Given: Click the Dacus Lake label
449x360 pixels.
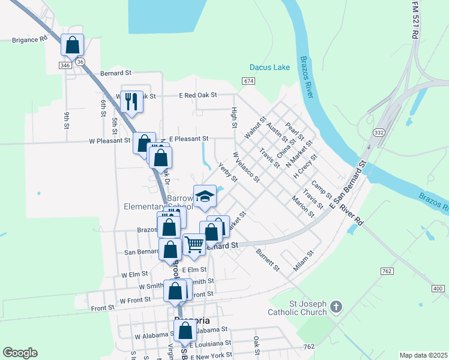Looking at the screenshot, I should pyautogui.click(x=270, y=67).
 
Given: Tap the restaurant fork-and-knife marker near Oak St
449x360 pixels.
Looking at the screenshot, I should pyautogui.click(x=132, y=101).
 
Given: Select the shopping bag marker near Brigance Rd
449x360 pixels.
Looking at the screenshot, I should pyautogui.click(x=72, y=45).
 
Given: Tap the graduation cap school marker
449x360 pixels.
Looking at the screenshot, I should pyautogui.click(x=205, y=196).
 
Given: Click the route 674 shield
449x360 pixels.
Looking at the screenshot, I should pyautogui.click(x=249, y=80).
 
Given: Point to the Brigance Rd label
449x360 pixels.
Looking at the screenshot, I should pyautogui.click(x=29, y=40).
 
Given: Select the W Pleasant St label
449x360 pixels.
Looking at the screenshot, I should pyautogui.click(x=110, y=141).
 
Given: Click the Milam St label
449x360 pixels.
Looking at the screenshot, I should pyautogui.click(x=304, y=263).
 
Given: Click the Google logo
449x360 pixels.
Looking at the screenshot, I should pyautogui.click(x=20, y=353).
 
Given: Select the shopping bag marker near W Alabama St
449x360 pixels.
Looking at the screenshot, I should pyautogui.click(x=185, y=331).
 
